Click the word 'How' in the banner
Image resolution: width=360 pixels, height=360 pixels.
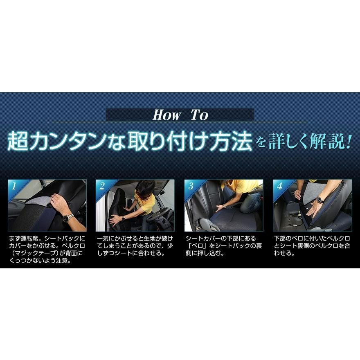tap(166, 115)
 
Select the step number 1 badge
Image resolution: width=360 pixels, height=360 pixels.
tap(14, 186)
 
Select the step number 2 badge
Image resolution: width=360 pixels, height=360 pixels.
tap(102, 186)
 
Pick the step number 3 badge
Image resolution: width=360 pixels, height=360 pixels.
tap(191, 186)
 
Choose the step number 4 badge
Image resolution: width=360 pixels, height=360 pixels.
tap(280, 186)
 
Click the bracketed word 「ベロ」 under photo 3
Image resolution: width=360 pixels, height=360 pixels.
tap(196, 246)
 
